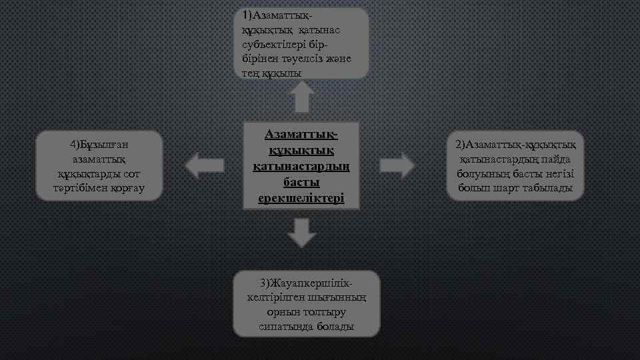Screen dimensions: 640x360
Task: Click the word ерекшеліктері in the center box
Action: (x=301, y=198)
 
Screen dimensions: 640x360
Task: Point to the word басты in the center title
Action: (x=301, y=182)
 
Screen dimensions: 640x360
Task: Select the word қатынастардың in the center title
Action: (x=301, y=166)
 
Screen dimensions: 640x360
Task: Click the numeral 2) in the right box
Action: (x=461, y=144)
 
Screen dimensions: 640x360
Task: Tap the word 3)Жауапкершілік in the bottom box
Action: (x=306, y=283)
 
